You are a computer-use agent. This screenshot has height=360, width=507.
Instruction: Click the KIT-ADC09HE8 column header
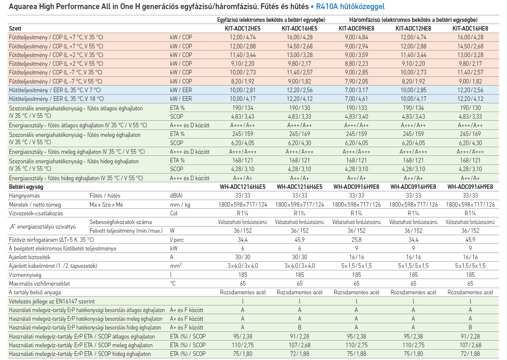(x=356, y=29)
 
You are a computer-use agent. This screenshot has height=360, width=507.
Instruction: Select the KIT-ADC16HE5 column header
(x=300, y=29)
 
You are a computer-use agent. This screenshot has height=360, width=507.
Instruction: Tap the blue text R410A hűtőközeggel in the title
(x=350, y=7)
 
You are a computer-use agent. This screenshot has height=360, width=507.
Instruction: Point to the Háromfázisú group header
(x=413, y=20)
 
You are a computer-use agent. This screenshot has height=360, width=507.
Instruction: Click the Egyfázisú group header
(x=271, y=20)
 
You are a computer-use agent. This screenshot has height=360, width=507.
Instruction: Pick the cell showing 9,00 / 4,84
(x=357, y=37)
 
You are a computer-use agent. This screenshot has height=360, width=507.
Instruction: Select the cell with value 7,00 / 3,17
(x=357, y=90)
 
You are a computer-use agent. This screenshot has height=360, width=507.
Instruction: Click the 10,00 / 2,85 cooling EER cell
(x=413, y=90)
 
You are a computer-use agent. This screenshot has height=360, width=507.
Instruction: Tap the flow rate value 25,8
(x=357, y=240)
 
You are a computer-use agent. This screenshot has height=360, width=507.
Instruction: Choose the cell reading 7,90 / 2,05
(x=357, y=81)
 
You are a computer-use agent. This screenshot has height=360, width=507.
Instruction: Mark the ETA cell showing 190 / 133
(x=357, y=108)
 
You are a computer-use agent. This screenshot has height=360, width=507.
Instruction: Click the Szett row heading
(x=15, y=29)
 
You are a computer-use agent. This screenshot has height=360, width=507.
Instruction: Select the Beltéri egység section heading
(x=26, y=187)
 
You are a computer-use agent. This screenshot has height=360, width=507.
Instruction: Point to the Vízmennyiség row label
(x=25, y=275)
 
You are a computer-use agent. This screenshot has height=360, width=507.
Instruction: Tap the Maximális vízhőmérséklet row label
(x=39, y=284)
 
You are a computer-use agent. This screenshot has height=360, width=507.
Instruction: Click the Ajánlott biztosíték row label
(x=30, y=257)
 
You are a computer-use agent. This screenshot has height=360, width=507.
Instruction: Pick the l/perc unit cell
(x=177, y=240)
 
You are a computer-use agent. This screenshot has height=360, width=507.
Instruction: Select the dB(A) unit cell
(x=176, y=195)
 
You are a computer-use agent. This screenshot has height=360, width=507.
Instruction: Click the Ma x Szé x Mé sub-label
(x=106, y=205)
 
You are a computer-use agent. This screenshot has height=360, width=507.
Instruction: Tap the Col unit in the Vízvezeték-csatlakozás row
(x=174, y=213)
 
